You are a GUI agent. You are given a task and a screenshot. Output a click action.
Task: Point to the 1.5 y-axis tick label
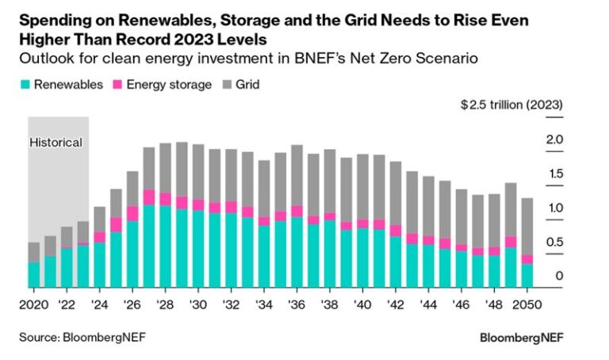[x=554, y=174]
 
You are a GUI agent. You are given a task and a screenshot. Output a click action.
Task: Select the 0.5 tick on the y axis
[x=554, y=242]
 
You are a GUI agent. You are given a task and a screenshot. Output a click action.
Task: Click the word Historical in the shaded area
[x=56, y=143]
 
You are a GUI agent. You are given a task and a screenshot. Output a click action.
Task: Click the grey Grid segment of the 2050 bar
[x=527, y=226]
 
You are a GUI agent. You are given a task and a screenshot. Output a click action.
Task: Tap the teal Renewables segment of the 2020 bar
[x=33, y=274]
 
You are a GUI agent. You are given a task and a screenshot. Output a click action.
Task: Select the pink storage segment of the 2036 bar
[x=297, y=211]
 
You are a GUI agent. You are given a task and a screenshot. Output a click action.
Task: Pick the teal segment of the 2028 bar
[x=165, y=246]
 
